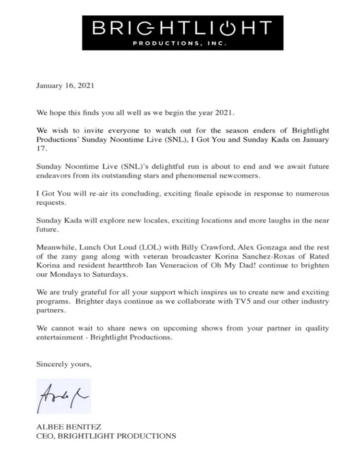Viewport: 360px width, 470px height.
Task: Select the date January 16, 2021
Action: (x=65, y=86)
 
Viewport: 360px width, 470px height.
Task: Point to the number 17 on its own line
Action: (x=41, y=149)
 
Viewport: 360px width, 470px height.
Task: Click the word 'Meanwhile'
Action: (x=54, y=247)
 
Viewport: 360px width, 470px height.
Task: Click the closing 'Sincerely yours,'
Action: (x=64, y=364)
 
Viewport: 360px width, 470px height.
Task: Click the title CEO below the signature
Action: (x=44, y=436)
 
